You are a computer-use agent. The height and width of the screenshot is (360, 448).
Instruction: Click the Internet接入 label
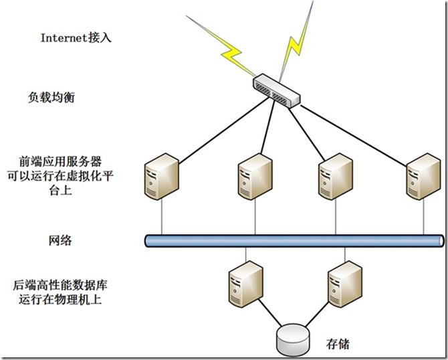pyautogui.click(x=76, y=37)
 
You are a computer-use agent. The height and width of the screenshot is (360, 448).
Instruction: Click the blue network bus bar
pyautogui.click(x=294, y=240)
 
